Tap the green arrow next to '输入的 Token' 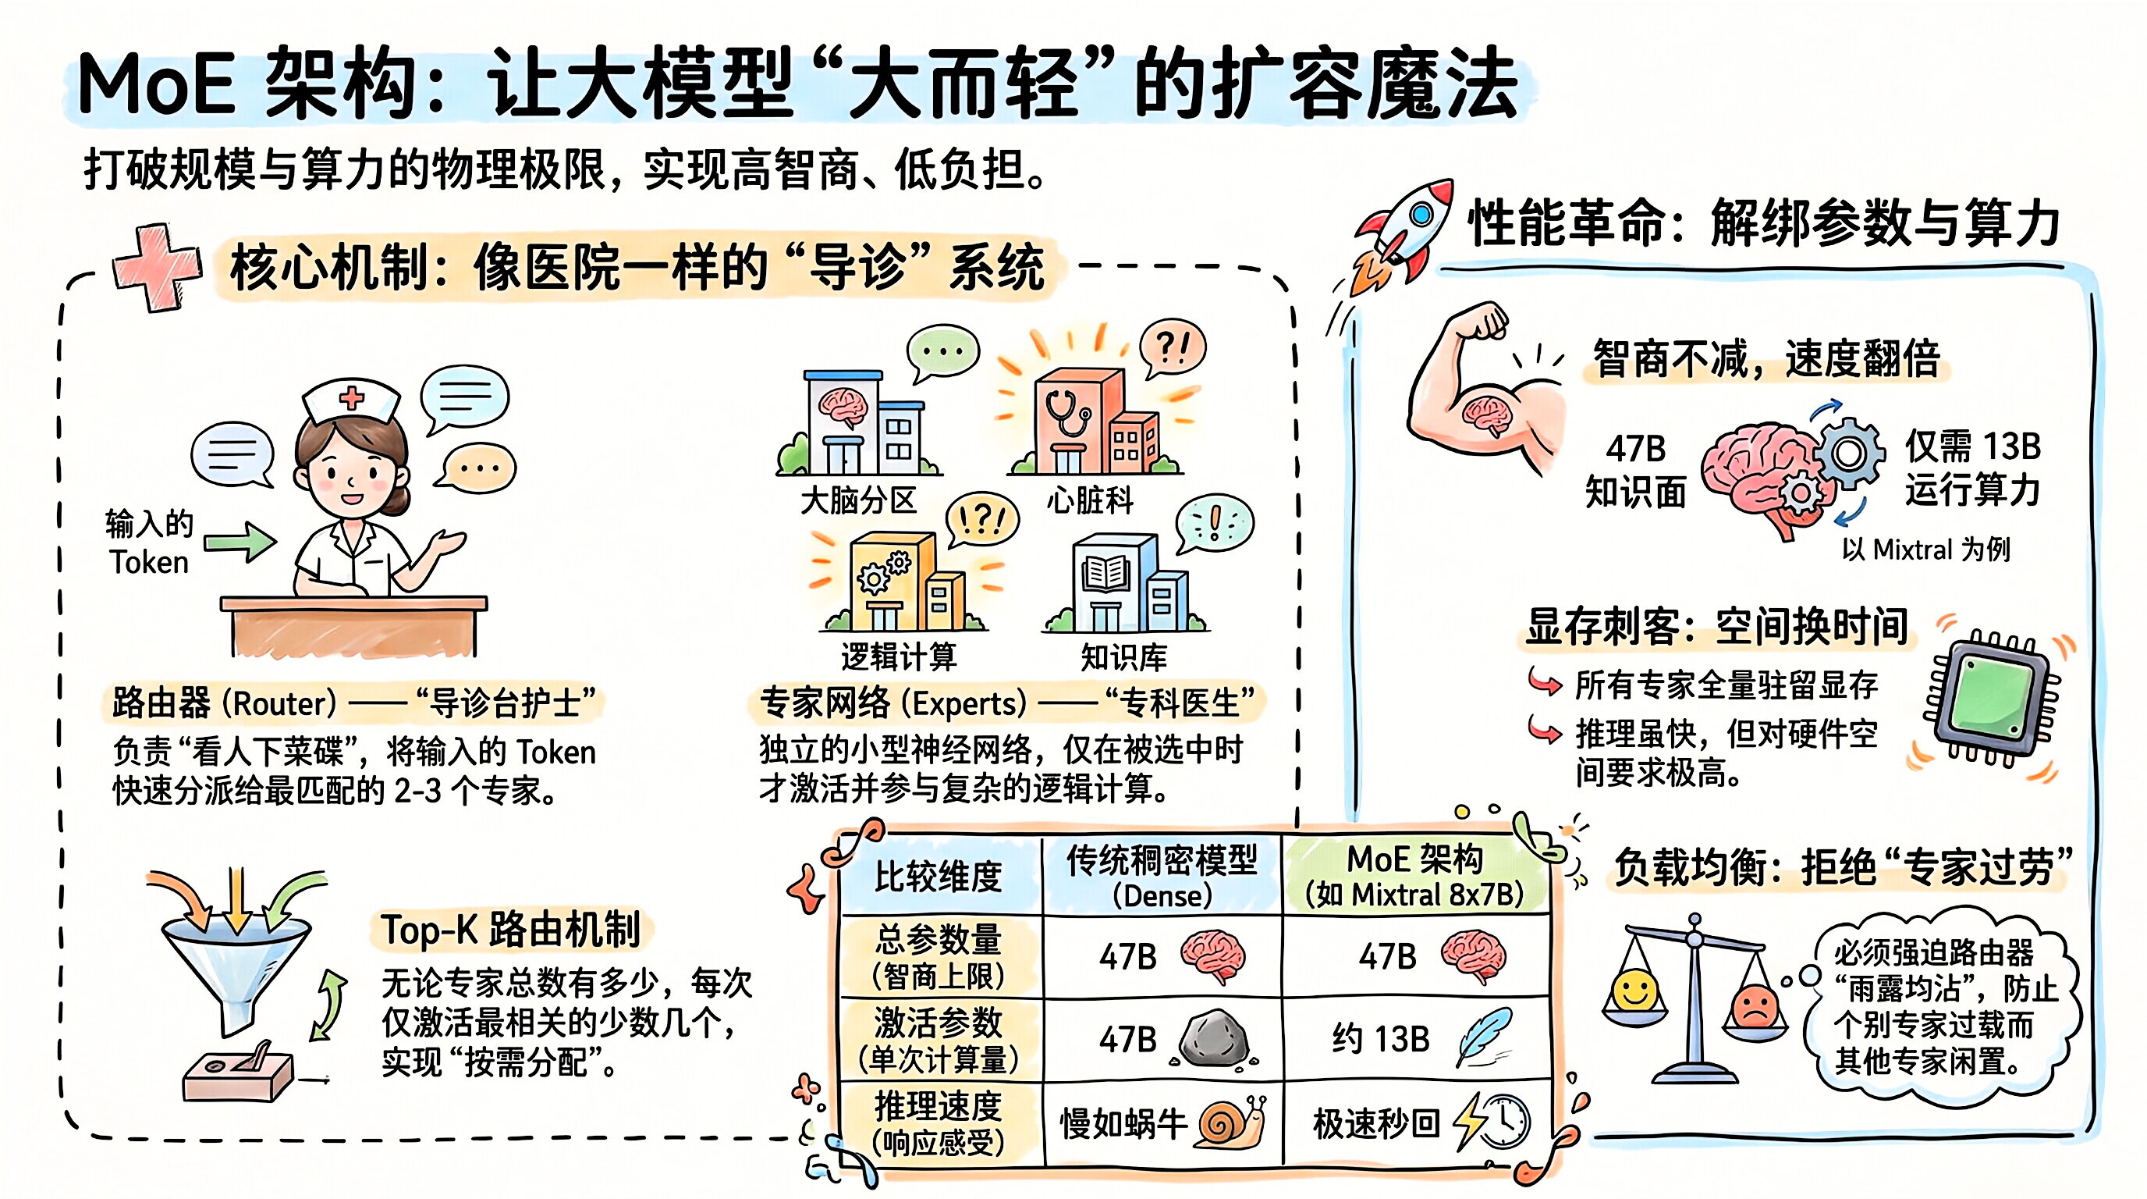pyautogui.click(x=240, y=542)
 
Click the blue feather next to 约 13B pyautogui.click(x=1484, y=1036)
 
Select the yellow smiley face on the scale pyautogui.click(x=1634, y=992)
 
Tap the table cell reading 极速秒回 pyautogui.click(x=1375, y=1123)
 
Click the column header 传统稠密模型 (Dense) pyautogui.click(x=1162, y=876)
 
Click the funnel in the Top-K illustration pyautogui.click(x=233, y=967)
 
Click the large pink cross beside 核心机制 pyautogui.click(x=157, y=267)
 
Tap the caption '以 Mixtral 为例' pyautogui.click(x=1925, y=550)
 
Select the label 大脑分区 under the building pyautogui.click(x=858, y=500)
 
